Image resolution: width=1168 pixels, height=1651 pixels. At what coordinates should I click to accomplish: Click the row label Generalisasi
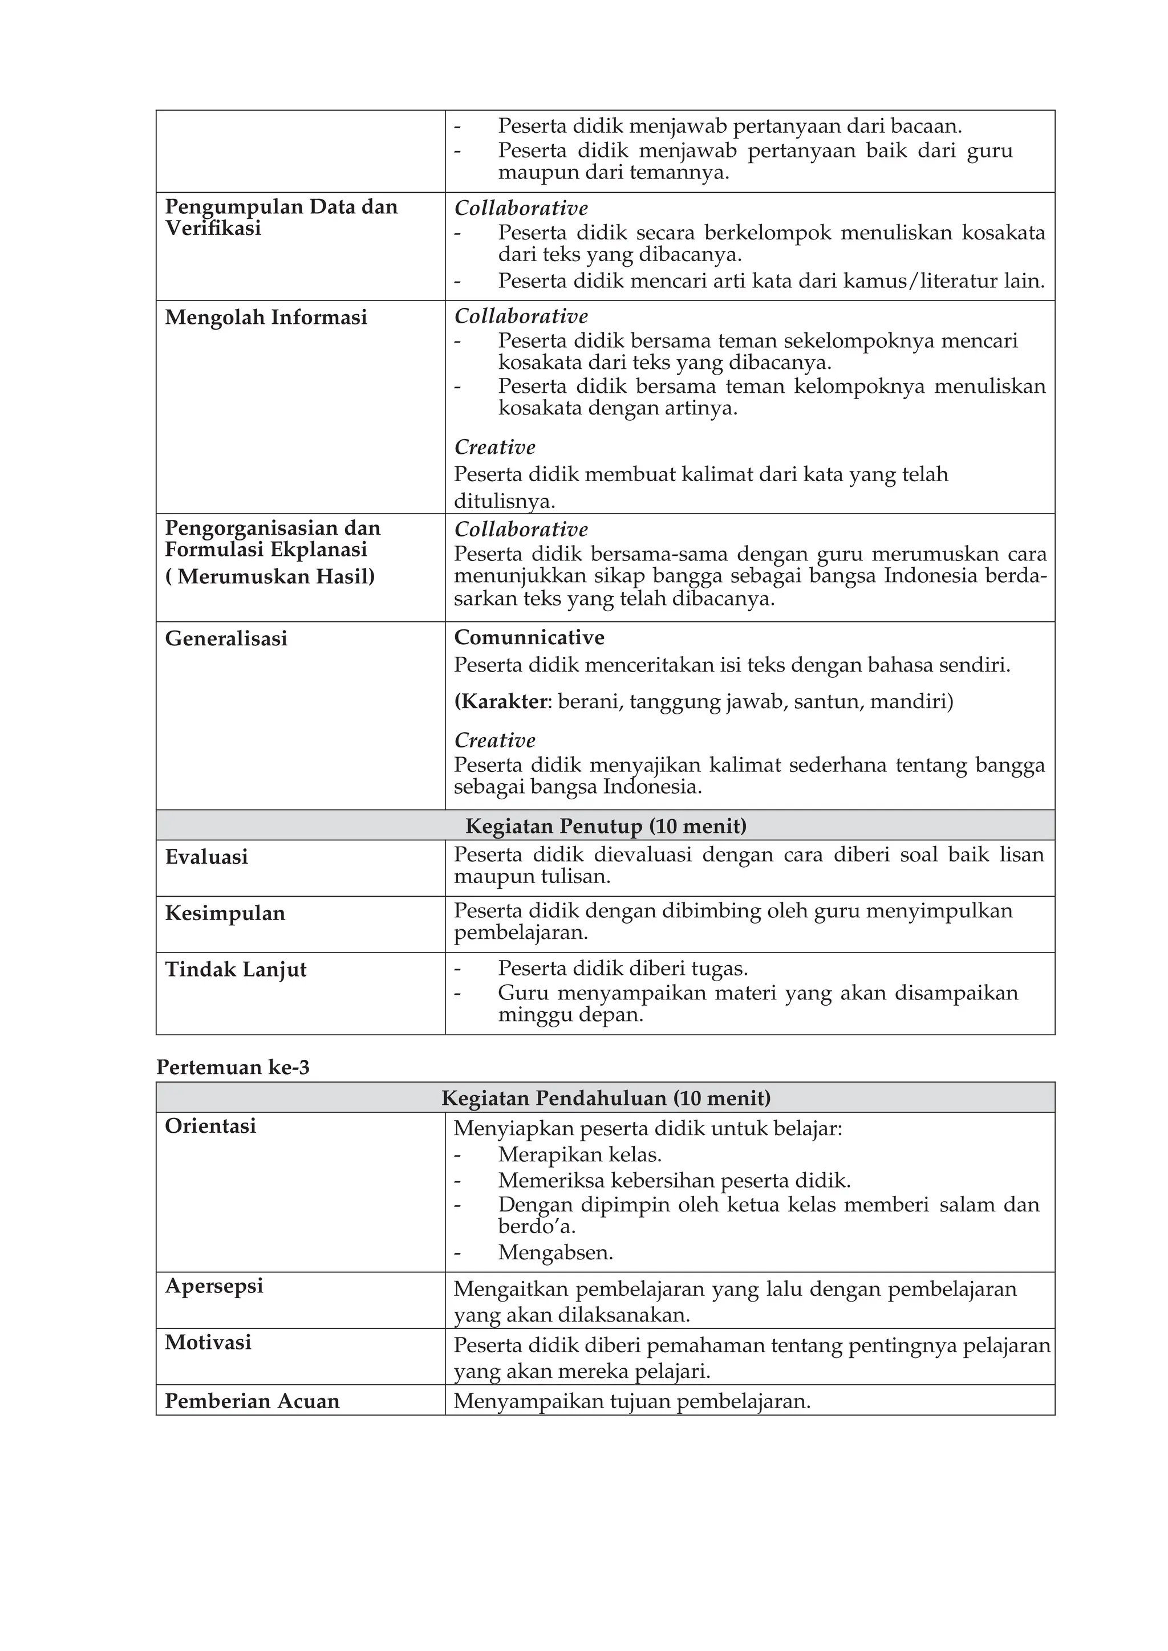(226, 639)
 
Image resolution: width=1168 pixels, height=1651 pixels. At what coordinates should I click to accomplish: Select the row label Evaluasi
(206, 856)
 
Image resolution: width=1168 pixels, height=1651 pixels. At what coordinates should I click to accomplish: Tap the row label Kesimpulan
(225, 913)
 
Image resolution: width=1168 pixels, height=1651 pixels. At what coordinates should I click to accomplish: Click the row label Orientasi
(210, 1125)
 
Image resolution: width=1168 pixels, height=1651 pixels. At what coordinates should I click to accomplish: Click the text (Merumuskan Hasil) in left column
(270, 577)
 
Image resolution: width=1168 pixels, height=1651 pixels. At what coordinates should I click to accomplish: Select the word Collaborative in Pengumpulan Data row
(521, 209)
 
